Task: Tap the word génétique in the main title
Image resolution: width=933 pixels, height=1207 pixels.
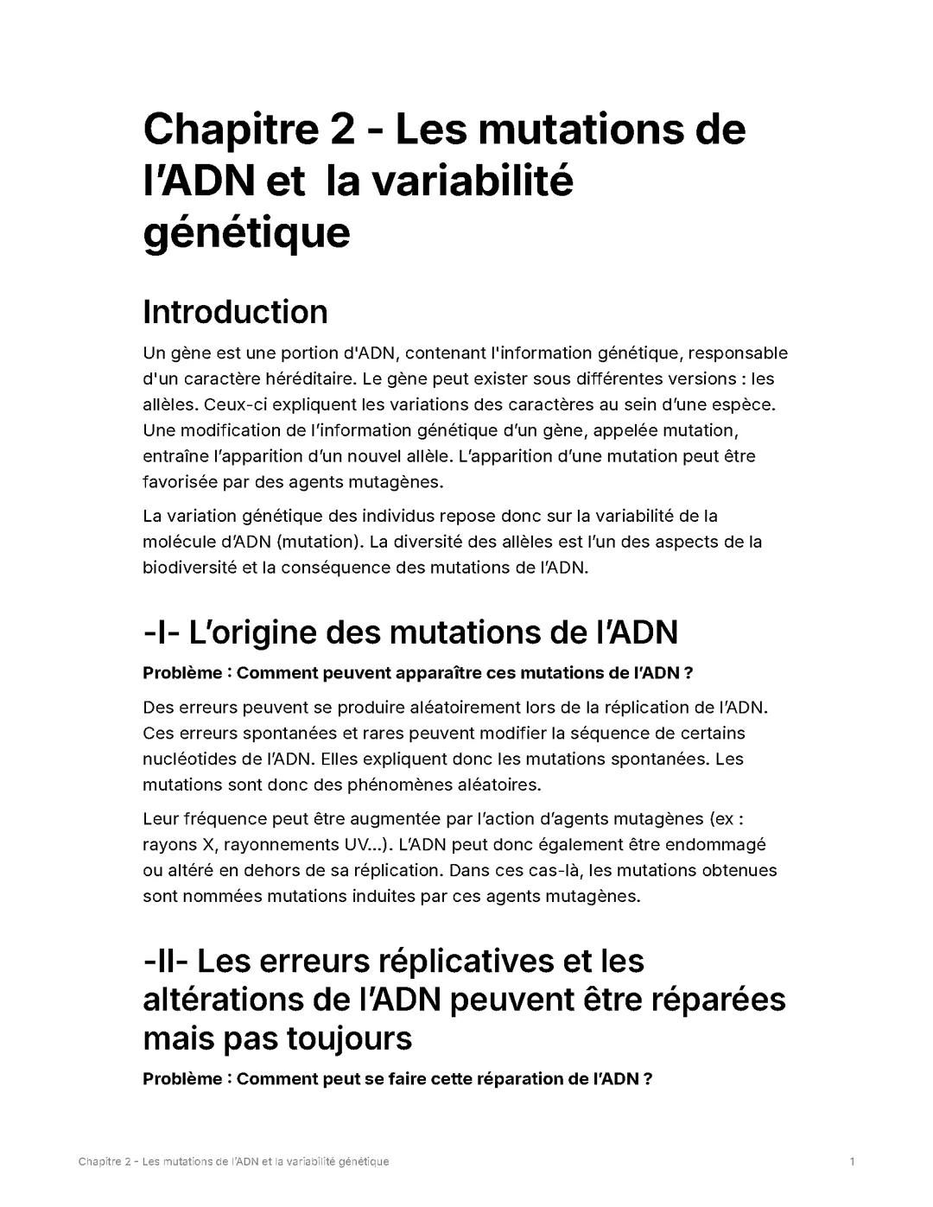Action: coord(246,232)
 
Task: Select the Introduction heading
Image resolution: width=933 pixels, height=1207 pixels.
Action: coord(235,312)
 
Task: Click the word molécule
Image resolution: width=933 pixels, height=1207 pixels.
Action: coord(179,542)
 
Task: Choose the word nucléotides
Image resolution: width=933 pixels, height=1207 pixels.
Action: coord(193,759)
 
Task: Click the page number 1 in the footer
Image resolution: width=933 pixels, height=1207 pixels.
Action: coord(852,1161)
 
